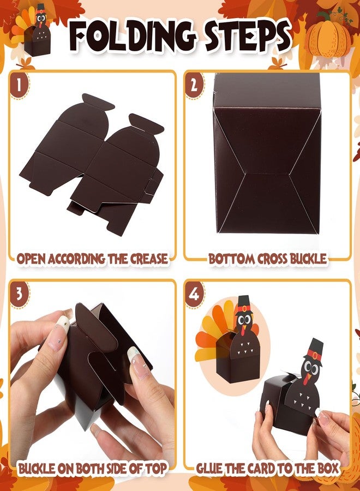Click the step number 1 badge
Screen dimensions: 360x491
19,85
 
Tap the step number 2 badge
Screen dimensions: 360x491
194,85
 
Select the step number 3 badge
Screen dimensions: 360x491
19,294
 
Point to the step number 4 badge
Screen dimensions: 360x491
194,294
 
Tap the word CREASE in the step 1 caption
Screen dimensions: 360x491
149,259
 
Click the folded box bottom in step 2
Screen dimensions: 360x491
267,153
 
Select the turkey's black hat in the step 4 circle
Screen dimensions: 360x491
244,304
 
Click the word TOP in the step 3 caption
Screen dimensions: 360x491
155,469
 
